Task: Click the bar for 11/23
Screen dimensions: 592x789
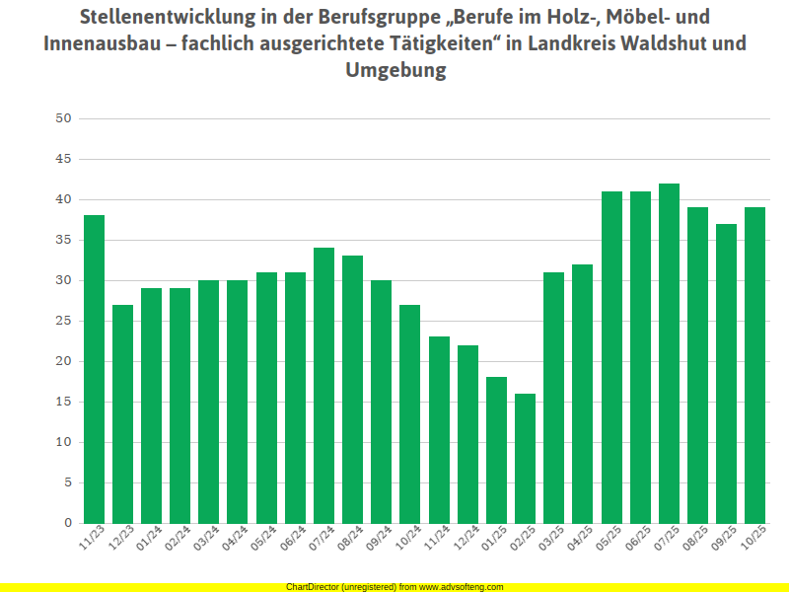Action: [x=94, y=369]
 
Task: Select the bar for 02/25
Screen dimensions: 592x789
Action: [x=525, y=458]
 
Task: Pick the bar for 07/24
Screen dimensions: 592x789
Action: [x=323, y=385]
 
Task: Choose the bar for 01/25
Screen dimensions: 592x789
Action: [x=496, y=450]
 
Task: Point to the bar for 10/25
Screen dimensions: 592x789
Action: [x=754, y=365]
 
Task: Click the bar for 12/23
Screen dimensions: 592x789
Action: [x=122, y=413]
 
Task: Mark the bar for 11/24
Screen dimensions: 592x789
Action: [x=439, y=429]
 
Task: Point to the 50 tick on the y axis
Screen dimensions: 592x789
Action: [x=64, y=118]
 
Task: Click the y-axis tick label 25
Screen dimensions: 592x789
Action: [x=64, y=321]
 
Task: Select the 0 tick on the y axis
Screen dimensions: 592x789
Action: [x=68, y=523]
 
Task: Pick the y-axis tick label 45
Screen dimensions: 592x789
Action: [x=64, y=159]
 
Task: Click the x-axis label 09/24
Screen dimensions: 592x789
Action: [x=379, y=541]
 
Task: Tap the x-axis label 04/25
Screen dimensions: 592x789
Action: [x=580, y=541]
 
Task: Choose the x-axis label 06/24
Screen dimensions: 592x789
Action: [x=293, y=541]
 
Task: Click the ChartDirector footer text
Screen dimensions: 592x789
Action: [x=394, y=587]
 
